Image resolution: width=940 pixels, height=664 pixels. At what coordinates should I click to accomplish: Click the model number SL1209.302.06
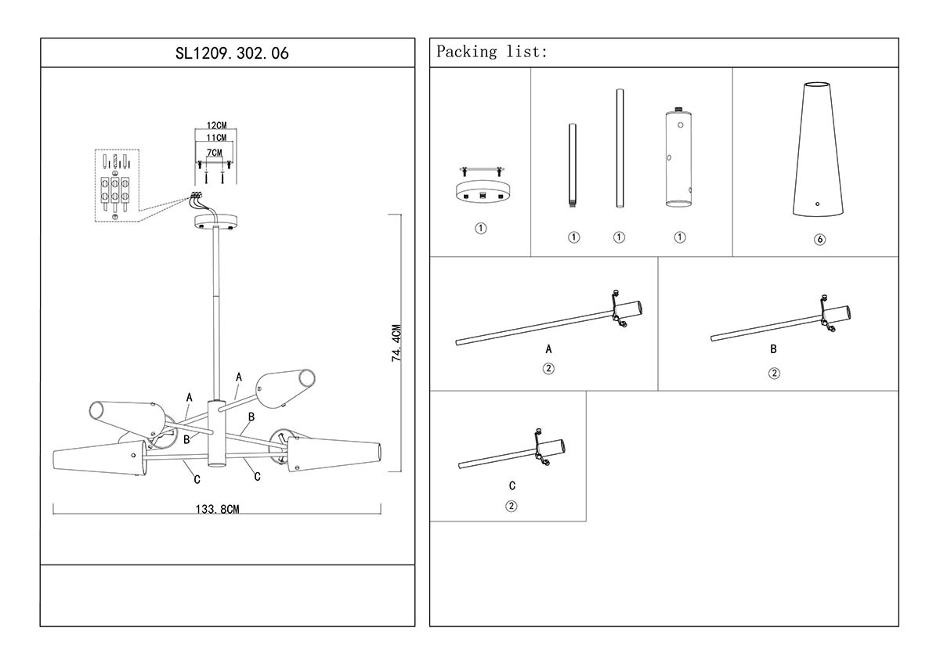pyautogui.click(x=227, y=53)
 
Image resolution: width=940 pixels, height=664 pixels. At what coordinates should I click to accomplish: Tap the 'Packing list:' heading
pyautogui.click(x=492, y=52)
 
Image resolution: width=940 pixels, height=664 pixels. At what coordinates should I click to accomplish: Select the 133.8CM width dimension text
pyautogui.click(x=217, y=509)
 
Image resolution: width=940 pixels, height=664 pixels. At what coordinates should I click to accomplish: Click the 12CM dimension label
pyautogui.click(x=216, y=125)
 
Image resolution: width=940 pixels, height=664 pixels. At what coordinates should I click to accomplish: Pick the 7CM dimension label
pyautogui.click(x=215, y=152)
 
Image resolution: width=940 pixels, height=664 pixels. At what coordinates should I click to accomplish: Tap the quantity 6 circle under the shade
pyautogui.click(x=819, y=240)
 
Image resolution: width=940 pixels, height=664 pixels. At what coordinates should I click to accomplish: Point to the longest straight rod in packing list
pyautogui.click(x=619, y=149)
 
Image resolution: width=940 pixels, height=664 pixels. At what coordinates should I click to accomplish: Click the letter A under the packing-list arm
pyautogui.click(x=548, y=349)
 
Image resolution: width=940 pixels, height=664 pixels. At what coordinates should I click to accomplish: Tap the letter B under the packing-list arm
pyautogui.click(x=773, y=349)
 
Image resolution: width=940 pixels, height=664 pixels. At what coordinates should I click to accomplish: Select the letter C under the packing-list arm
pyautogui.click(x=512, y=486)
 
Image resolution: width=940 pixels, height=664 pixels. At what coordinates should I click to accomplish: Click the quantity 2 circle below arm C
pyautogui.click(x=512, y=506)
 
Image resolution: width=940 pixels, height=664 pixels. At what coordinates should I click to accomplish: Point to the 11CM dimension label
pyautogui.click(x=216, y=138)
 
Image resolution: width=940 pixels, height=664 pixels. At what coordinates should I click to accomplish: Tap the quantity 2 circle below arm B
pyautogui.click(x=774, y=373)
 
